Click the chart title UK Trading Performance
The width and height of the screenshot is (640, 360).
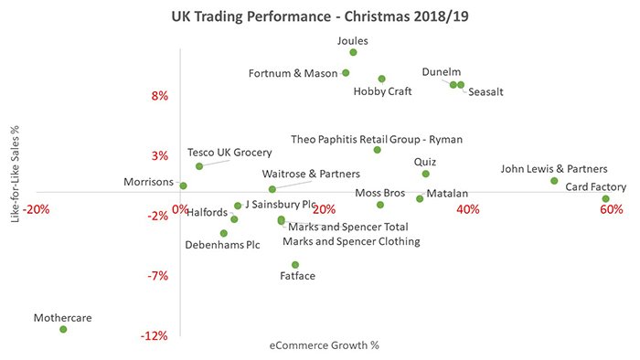coord(319,16)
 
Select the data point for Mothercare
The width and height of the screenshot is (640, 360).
coord(63,329)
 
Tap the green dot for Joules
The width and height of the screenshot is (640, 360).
coord(353,53)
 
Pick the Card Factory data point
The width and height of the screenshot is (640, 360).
coord(605,199)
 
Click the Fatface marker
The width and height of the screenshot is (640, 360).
coord(295,265)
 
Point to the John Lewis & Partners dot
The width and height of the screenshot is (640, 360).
coord(554,181)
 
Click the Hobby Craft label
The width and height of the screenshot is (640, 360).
coord(382,91)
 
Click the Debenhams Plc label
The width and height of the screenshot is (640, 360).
coord(222,245)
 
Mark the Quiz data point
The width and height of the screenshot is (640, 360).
coord(425,174)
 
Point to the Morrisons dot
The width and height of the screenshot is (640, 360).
coord(183,185)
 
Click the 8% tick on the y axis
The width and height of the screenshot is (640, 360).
coord(158,96)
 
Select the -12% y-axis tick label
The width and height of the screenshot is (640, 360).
coord(155,335)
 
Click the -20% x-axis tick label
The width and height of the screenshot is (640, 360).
coord(37,209)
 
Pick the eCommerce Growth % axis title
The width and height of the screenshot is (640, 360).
coord(324,345)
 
